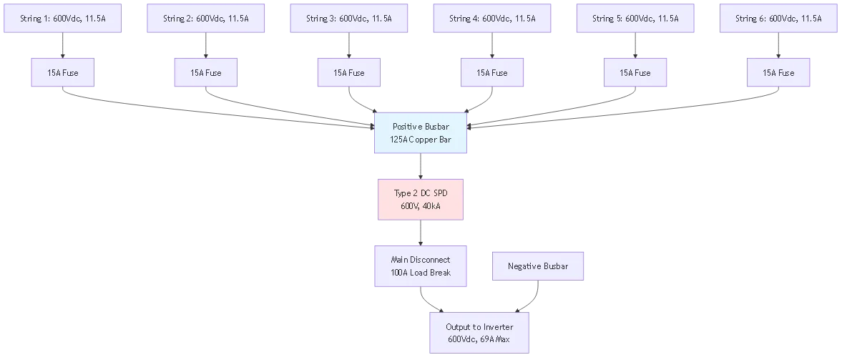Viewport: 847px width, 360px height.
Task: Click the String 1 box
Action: (63, 18)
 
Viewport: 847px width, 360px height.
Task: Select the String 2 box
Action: (206, 18)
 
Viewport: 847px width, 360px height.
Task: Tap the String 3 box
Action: (349, 18)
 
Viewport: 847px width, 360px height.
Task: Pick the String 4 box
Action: (492, 18)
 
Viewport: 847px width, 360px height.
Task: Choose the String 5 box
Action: (635, 18)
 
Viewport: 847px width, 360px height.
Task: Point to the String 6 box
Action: (778, 18)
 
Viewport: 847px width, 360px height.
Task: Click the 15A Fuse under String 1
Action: (63, 72)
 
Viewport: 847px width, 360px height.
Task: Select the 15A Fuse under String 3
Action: (349, 72)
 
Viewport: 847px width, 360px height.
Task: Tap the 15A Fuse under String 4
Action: (492, 72)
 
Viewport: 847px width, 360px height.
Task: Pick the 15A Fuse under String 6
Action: (778, 72)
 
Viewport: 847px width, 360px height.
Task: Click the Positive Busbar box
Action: (421, 132)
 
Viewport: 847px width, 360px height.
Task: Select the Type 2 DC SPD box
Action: (421, 199)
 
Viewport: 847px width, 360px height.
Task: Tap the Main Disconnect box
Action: (421, 266)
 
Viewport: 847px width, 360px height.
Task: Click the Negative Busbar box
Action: (538, 266)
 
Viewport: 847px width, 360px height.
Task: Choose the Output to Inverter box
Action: (480, 332)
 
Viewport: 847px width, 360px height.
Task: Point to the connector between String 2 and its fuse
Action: (206, 45)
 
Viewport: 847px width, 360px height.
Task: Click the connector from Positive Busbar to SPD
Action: (421, 166)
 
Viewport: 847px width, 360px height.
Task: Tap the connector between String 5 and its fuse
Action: (635, 45)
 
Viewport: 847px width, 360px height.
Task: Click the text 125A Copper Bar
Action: (421, 139)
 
